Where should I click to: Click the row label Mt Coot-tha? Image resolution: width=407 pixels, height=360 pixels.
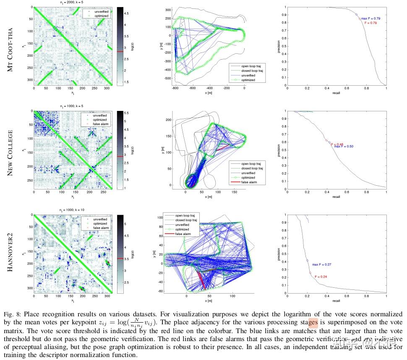click(x=10, y=47)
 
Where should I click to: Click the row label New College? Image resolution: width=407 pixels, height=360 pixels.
click(x=10, y=152)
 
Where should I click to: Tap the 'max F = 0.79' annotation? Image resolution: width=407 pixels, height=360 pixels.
click(x=371, y=18)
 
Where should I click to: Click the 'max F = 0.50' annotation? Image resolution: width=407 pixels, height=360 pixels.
click(x=344, y=147)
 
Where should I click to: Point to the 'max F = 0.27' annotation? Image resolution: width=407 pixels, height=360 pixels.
click(x=322, y=265)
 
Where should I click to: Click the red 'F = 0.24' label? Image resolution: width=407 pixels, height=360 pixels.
click(x=319, y=277)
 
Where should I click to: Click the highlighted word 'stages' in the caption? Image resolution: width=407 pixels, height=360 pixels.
click(x=313, y=323)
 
